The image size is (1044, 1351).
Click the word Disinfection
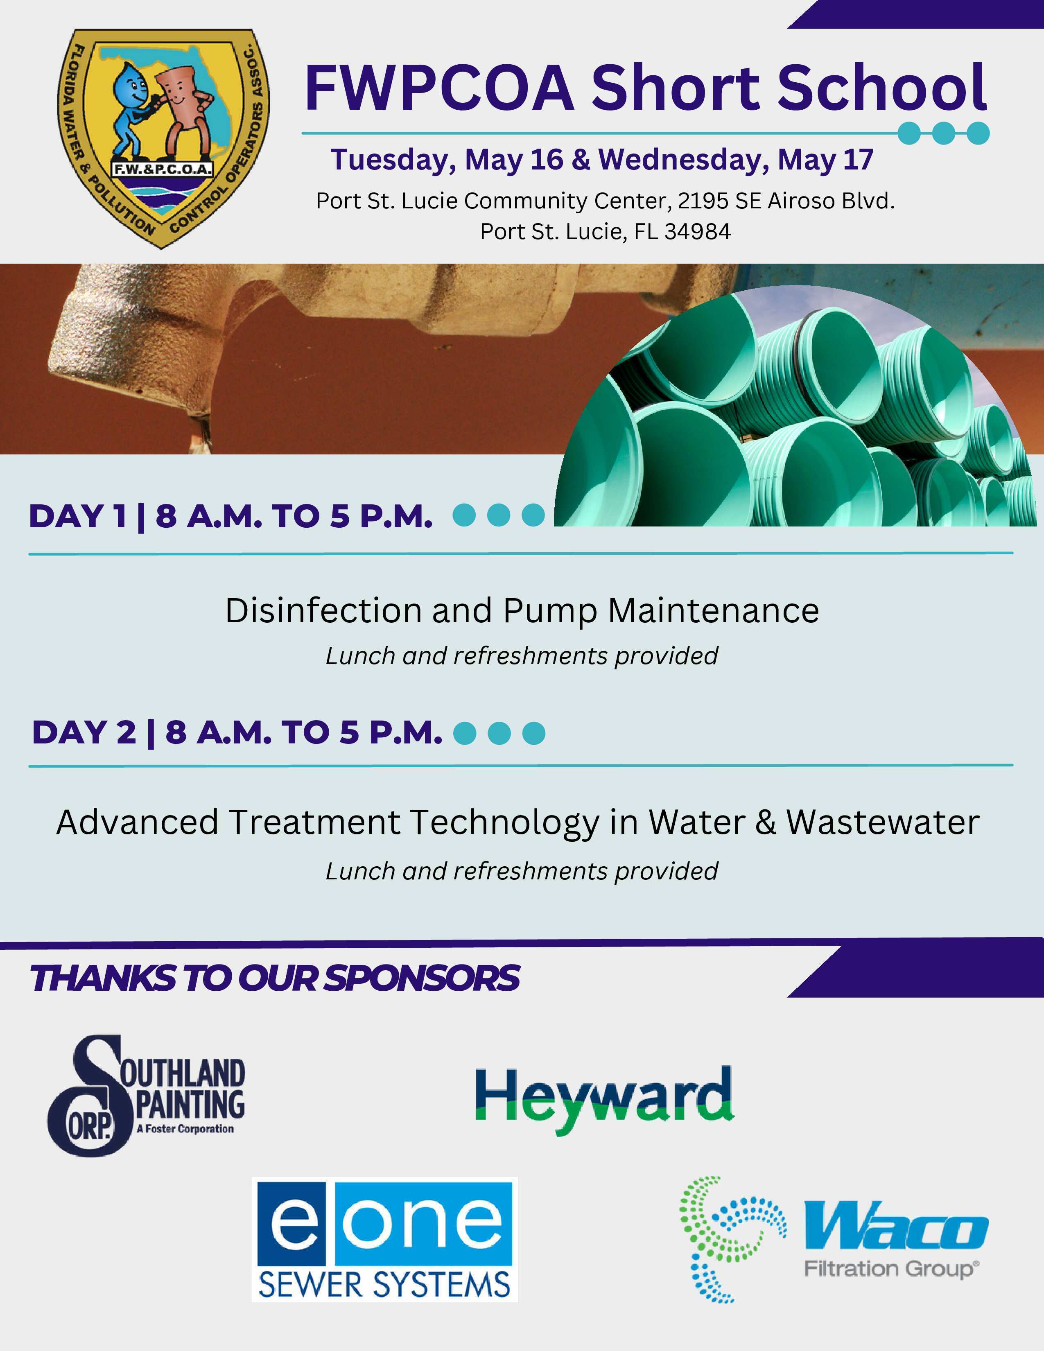click(x=323, y=610)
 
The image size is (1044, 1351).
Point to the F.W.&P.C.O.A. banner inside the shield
click(x=162, y=169)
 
